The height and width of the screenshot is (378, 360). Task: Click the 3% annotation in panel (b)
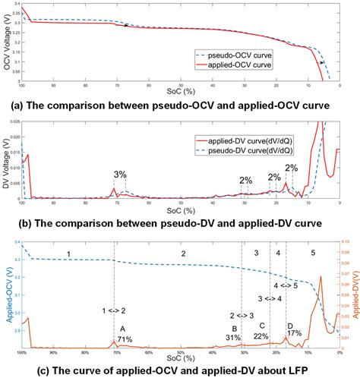(120, 174)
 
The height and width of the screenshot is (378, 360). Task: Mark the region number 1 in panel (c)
(68, 252)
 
